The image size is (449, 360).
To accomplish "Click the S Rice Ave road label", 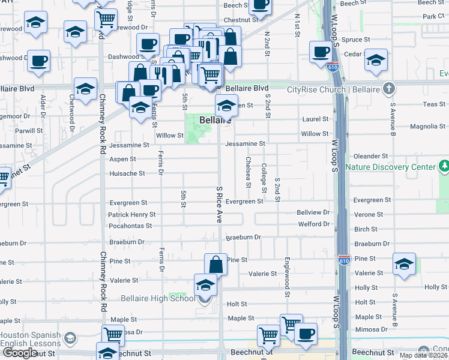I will coord(219,204).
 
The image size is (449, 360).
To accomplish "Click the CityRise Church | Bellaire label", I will coord(333,90).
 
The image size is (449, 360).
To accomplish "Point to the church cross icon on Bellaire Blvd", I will coord(389,89).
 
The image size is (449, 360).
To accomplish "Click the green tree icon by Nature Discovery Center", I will coord(444,166).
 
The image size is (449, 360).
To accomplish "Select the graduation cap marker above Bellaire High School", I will coord(205,284).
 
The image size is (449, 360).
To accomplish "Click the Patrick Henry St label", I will coord(131,214).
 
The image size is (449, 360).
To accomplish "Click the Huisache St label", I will coord(127,173).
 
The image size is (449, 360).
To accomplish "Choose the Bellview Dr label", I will coord(313,212).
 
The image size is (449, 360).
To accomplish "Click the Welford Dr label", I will coord(313,224).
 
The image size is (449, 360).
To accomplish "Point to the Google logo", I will coord(20,353).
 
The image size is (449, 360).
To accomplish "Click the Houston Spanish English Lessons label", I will coord(30,340).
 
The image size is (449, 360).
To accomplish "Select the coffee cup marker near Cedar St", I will coord(321,51).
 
